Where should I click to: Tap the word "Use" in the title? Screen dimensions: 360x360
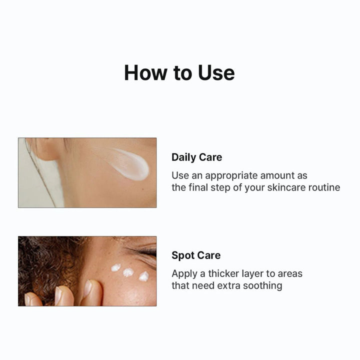coord(215,72)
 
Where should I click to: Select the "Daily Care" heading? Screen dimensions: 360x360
coord(196,157)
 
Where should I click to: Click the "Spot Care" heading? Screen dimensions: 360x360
coord(196,255)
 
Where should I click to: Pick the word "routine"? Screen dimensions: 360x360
coord(323,187)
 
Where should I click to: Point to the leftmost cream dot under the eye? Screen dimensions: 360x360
coord(115,267)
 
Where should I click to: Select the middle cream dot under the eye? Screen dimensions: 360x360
coord(128,272)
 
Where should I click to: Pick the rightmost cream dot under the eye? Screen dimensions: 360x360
coord(143,276)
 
